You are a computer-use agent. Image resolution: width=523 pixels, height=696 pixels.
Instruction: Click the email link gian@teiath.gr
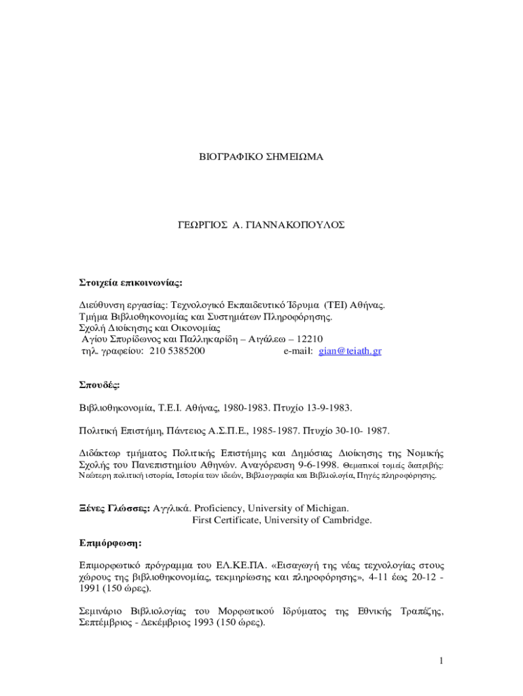[350, 351]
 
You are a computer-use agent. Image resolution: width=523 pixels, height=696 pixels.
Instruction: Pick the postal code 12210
[310, 339]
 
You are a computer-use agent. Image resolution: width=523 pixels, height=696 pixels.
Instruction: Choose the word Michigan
[325, 508]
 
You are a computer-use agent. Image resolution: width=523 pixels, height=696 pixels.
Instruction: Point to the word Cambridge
[346, 520]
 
